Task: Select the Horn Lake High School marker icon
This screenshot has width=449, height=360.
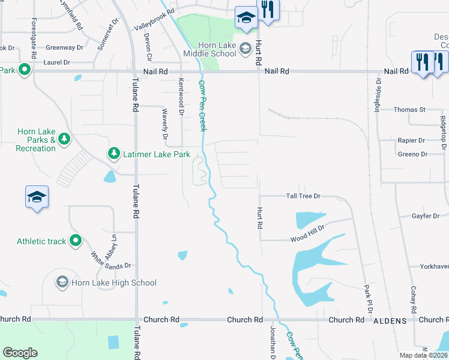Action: (62, 282)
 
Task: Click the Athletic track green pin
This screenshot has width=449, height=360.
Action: (76, 241)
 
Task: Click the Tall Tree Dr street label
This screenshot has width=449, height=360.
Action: (304, 196)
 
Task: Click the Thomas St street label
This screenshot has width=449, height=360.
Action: (410, 110)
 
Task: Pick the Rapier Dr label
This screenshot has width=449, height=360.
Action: (411, 140)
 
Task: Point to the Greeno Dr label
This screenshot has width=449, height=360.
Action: (412, 154)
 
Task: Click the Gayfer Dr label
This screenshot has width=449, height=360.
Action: (427, 216)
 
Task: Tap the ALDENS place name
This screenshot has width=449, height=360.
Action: (390, 321)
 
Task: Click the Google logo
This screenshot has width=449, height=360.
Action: (20, 353)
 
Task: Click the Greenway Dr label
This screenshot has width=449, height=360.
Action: (64, 47)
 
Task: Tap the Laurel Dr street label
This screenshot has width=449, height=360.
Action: (57, 62)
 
